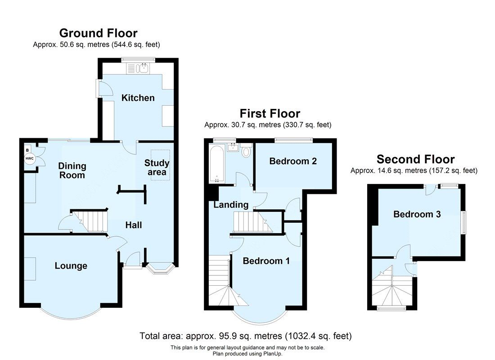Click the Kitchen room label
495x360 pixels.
point(138,98)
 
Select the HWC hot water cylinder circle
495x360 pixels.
point(29,158)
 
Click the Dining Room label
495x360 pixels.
point(72,171)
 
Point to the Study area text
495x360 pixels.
point(157,167)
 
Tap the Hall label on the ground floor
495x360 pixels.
point(134,225)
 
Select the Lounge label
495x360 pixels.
point(71,266)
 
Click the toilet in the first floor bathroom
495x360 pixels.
point(246,152)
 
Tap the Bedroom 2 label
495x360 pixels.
point(292,161)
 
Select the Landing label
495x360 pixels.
point(231,205)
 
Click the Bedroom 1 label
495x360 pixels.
point(266,261)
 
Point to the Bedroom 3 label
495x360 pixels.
point(417,214)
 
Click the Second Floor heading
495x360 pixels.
point(415,159)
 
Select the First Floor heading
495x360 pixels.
point(270,113)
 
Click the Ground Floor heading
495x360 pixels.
point(98,33)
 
